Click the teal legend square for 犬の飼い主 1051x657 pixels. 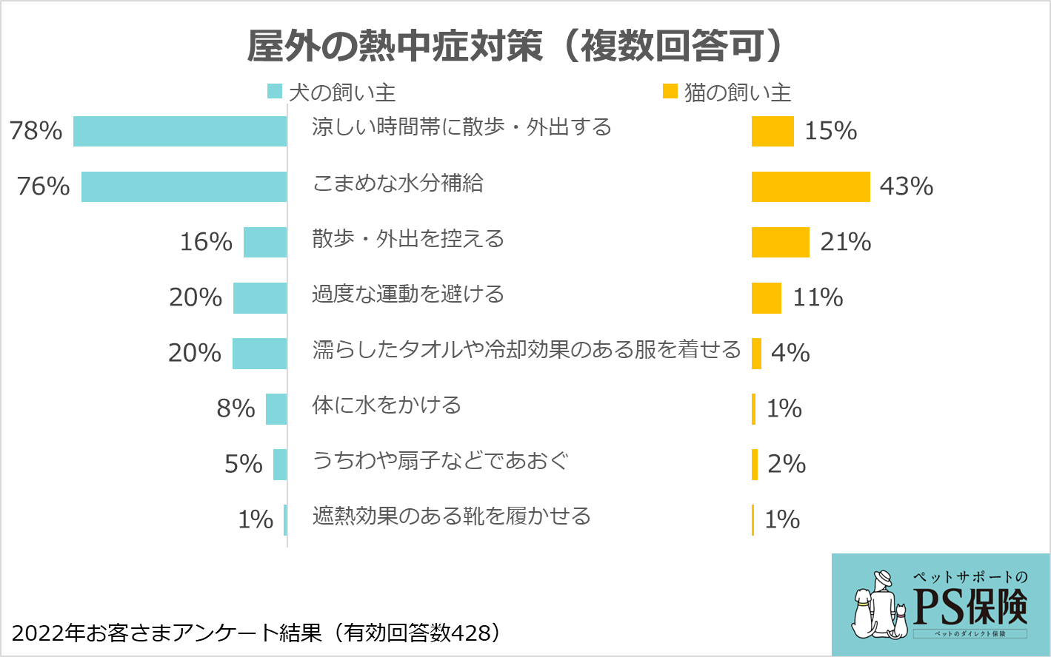tap(275, 92)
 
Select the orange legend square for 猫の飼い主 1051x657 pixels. tap(670, 91)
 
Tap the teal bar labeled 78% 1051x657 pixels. tap(180, 131)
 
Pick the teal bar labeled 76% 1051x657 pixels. tap(184, 186)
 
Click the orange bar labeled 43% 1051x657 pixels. tap(810, 186)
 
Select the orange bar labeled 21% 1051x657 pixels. tap(780, 242)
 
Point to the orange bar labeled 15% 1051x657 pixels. tap(773, 131)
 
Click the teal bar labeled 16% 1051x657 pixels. tap(265, 242)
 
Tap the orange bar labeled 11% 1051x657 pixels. tap(766, 297)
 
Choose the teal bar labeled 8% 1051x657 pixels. tap(276, 408)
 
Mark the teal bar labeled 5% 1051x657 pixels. tap(280, 464)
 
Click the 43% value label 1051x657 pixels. tap(906, 186)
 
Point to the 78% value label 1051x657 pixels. tap(36, 131)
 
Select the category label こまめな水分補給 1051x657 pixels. tap(398, 183)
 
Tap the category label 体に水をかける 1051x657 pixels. tap(387, 405)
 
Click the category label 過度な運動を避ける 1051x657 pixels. tap(408, 294)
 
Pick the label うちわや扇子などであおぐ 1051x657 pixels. tap(441, 460)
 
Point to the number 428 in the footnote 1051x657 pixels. tap(471, 633)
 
